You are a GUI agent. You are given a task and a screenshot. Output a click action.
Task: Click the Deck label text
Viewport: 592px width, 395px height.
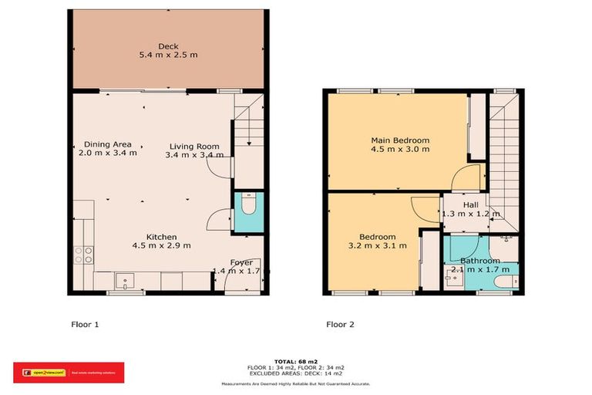pos(168,46)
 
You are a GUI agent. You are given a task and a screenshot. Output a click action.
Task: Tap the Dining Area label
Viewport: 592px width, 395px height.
pos(107,144)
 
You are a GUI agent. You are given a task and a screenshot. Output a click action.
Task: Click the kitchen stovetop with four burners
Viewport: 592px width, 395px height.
pos(82,255)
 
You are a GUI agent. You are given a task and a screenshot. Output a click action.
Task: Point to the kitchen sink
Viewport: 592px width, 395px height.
pos(124,279)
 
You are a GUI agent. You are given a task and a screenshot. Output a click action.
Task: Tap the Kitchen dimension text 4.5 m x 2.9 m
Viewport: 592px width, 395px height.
pos(163,246)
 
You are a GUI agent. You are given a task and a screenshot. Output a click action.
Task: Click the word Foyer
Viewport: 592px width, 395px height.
pos(242,262)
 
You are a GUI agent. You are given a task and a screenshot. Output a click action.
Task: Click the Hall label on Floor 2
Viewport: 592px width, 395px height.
pos(470,204)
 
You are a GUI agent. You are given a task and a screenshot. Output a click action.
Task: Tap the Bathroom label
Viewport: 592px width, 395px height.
pos(479,261)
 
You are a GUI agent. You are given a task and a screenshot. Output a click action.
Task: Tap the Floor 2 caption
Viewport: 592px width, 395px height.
pos(340,325)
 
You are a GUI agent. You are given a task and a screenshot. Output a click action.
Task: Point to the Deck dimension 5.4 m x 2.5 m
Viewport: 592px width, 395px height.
pos(168,56)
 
